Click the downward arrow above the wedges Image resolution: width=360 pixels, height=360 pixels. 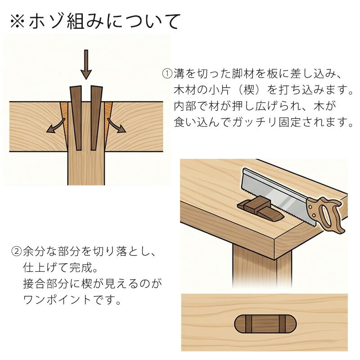[86, 64]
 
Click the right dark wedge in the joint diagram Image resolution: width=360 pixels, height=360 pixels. [95, 118]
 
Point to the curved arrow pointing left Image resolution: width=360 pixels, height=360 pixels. [56, 126]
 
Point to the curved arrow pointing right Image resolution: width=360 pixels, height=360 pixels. [117, 126]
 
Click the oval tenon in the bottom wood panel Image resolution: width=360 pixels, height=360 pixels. [265, 324]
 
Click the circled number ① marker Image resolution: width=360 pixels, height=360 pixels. [167, 73]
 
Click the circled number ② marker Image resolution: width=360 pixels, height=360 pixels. [16, 252]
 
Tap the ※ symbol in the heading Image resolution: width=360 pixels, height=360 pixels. [18, 21]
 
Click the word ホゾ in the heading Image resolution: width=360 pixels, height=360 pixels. [46, 21]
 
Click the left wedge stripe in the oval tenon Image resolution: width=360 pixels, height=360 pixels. [249, 324]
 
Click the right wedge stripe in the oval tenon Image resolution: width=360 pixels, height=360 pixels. [282, 324]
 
